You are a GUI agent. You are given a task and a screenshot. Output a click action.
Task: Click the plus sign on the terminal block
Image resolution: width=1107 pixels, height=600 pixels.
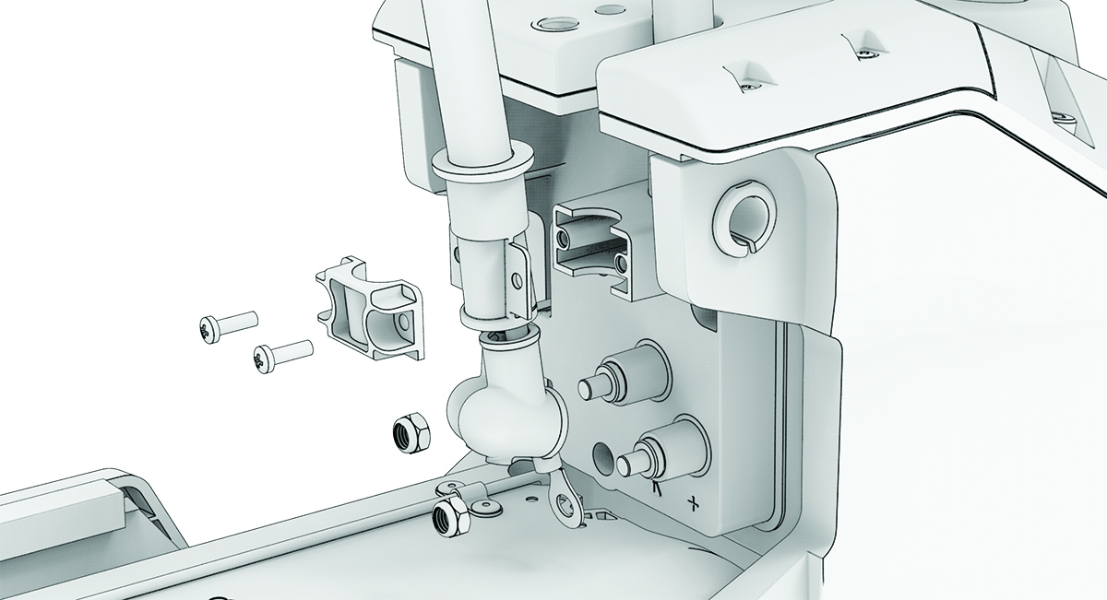coord(693,503)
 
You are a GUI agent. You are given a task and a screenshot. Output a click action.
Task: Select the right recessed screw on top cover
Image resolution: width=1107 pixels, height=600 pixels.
coord(863,56)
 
